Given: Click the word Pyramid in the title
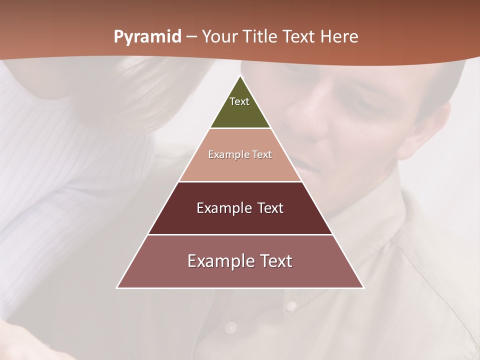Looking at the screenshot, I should pyautogui.click(x=147, y=37).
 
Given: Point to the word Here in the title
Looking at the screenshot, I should pyautogui.click(x=339, y=37).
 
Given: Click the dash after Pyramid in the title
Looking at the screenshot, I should pyautogui.click(x=191, y=37).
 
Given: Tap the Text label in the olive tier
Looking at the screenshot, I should pyautogui.click(x=239, y=101).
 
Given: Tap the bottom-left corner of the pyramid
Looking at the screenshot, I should pyautogui.click(x=117, y=287).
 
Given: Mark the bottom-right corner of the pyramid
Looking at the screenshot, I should pyautogui.click(x=363, y=287).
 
